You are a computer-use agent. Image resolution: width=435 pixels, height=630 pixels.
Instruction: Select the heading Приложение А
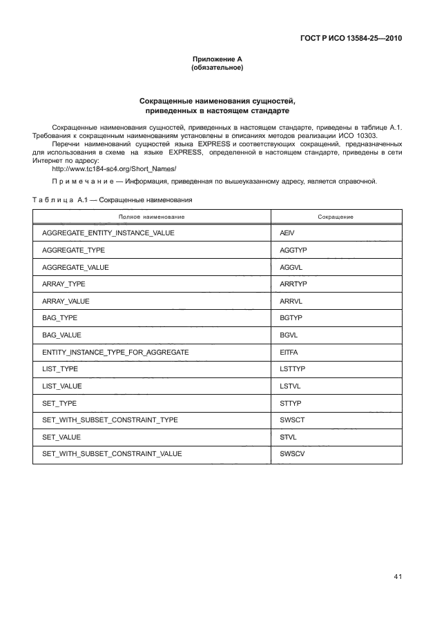(217, 60)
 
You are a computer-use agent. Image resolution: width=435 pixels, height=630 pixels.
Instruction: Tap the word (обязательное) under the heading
(217, 68)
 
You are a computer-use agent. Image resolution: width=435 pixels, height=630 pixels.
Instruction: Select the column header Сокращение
(336, 217)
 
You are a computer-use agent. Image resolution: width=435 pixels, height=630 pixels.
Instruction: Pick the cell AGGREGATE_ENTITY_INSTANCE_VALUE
(108, 233)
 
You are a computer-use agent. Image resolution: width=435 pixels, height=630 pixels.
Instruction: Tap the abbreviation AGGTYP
(293, 250)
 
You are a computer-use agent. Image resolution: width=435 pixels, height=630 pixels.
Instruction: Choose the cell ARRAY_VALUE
(66, 302)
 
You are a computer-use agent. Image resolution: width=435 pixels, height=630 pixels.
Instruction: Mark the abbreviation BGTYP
(291, 318)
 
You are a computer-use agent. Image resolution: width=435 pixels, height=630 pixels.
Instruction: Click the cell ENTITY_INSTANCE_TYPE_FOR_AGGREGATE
(115, 353)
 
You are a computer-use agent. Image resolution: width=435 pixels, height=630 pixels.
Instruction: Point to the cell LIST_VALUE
(62, 386)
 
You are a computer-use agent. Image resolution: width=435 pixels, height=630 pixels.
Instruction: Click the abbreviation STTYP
(291, 403)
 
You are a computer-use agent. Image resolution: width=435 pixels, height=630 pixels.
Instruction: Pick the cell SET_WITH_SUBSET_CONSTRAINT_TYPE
(110, 420)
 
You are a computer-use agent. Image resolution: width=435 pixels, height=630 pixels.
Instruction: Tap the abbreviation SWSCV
(291, 454)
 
